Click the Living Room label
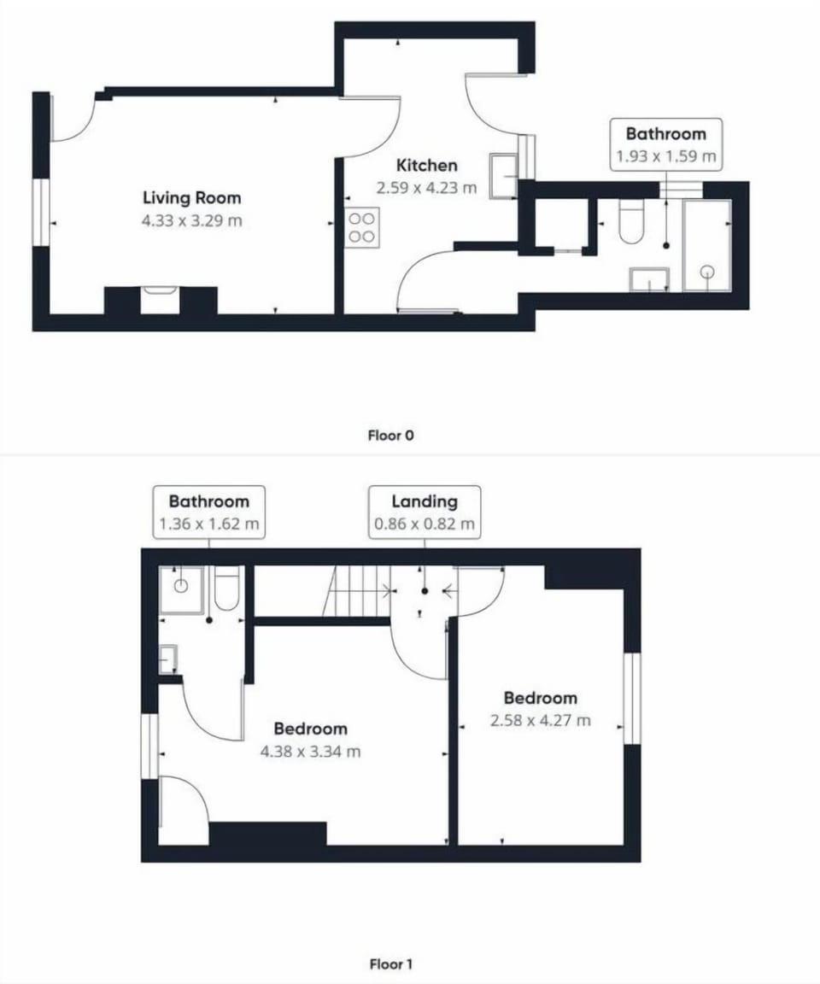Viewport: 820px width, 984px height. (191, 198)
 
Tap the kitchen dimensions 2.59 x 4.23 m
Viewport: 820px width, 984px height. (426, 187)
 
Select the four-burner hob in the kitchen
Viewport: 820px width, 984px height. (361, 228)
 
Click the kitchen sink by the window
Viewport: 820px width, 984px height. (503, 176)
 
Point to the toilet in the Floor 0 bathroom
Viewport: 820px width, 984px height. (631, 221)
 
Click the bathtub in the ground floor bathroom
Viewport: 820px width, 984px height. (706, 245)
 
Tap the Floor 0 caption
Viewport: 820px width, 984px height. (390, 436)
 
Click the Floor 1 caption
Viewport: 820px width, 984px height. (390, 965)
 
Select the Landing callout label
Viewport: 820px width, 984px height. (425, 502)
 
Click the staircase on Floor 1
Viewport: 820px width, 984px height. (357, 590)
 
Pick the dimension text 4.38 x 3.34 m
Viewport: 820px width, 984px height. (310, 752)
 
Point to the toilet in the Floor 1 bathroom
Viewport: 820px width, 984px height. (226, 589)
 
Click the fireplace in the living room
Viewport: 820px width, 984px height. (160, 300)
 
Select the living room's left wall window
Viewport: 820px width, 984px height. (41, 212)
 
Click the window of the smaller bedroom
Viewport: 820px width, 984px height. (631, 698)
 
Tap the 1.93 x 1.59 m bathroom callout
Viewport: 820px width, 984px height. (665, 144)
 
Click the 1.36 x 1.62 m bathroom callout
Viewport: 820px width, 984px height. (208, 512)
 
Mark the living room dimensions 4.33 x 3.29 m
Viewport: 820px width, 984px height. (191, 221)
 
